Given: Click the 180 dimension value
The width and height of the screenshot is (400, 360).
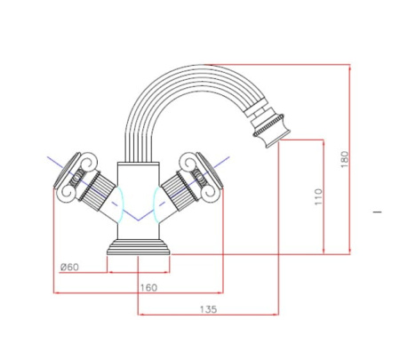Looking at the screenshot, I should [345, 159].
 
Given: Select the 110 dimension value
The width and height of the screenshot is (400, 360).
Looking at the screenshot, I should [319, 196].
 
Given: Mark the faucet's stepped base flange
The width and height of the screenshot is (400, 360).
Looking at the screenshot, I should [139, 246].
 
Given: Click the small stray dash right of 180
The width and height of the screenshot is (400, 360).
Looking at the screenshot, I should [378, 212].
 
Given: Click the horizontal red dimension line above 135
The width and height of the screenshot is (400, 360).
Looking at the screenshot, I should [208, 316].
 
